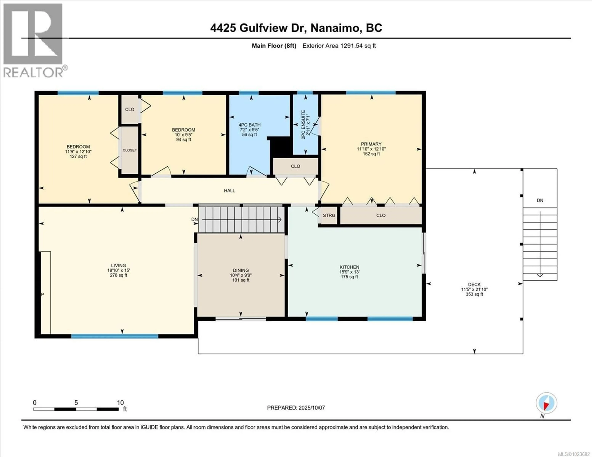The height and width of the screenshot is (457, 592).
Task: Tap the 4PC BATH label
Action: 249,125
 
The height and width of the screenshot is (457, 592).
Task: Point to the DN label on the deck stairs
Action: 540,200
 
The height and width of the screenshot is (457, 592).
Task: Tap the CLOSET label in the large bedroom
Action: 129,150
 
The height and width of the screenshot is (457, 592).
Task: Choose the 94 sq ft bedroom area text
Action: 183,140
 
